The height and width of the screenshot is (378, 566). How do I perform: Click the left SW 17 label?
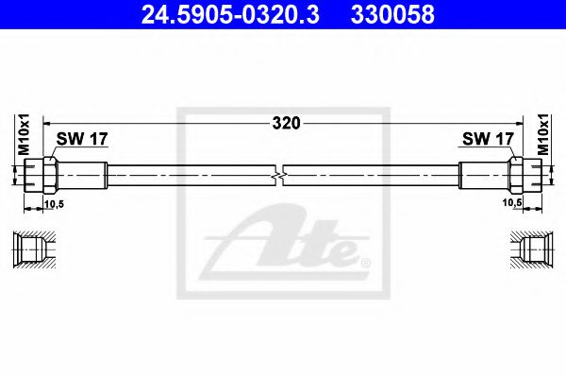pyautogui.click(x=82, y=139)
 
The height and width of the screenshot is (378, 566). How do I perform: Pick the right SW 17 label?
pyautogui.click(x=487, y=139)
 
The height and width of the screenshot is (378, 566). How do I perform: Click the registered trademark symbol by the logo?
pyautogui.click(x=365, y=262)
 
